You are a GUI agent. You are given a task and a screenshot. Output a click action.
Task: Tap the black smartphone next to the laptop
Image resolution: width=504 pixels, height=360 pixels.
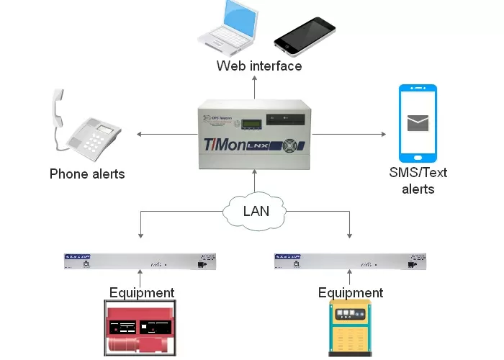305,34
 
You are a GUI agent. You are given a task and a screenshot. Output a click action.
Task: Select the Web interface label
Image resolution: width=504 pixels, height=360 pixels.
259,66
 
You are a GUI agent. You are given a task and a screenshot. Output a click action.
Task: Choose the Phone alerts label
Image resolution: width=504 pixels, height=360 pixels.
87,174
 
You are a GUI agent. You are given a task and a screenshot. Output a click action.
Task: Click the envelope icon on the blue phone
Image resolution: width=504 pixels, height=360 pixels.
418,123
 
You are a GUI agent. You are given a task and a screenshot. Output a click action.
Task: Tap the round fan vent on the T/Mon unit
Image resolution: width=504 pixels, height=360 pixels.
290,143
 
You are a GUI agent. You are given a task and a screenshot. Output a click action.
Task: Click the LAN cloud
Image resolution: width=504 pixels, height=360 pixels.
256,210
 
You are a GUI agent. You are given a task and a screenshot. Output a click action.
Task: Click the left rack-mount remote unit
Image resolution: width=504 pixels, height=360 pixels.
141,261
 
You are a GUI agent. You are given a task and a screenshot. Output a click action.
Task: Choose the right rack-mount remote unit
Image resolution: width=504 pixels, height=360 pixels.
351,261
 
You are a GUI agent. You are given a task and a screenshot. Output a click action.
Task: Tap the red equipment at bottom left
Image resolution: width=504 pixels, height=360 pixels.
141,328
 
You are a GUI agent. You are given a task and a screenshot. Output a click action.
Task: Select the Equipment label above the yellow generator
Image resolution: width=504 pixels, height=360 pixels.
351,292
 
